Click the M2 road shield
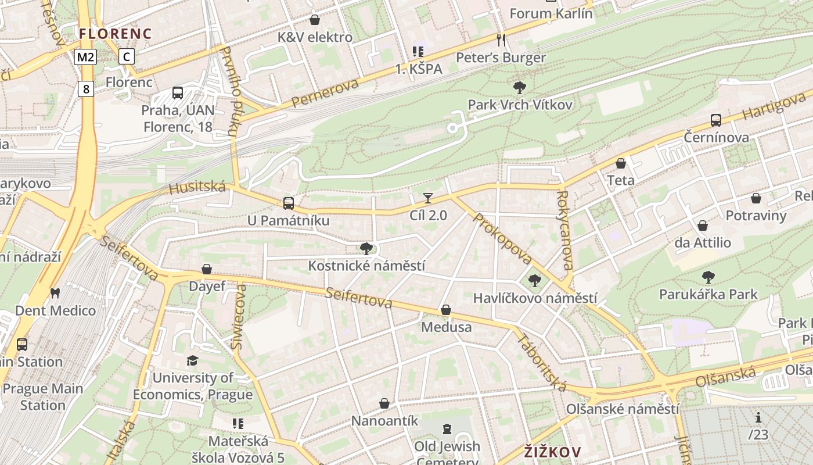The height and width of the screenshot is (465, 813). tap(85, 56)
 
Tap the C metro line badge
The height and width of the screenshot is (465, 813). tap(126, 56)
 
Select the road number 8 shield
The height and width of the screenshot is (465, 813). tap(86, 89)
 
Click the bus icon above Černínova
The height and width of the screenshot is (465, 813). tap(716, 120)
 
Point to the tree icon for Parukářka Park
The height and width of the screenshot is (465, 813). tap(708, 277)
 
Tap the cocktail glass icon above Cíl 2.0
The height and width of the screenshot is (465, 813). tap(428, 198)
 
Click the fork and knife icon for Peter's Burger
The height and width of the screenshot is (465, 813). tap(501, 40)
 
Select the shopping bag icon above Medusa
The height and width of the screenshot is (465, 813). tap(446, 310)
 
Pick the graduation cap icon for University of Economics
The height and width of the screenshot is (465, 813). tap(192, 361)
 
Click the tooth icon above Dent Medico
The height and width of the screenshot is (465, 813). tap(55, 294)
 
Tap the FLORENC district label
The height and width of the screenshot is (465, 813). tap(115, 34)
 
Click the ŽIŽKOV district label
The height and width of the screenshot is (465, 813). tap(552, 452)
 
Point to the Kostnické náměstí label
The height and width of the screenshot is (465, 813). tap(366, 266)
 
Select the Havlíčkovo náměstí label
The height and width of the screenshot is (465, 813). tap(535, 298)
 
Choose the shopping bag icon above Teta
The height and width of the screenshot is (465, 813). tap(621, 163)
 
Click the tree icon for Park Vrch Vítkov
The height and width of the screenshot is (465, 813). tap(520, 88)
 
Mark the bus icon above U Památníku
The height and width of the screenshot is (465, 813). tap(288, 203)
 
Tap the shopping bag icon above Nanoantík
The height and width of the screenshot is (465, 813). tap(384, 403)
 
